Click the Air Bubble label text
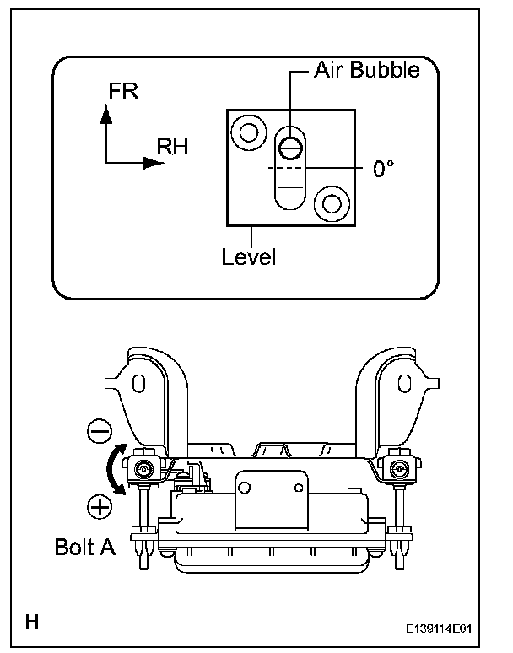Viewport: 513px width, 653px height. (366, 70)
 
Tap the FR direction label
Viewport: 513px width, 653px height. (123, 91)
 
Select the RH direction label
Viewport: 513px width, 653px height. (172, 148)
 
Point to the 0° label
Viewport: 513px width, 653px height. (384, 168)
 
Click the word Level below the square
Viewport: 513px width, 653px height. (249, 256)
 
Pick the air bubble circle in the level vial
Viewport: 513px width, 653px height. (290, 147)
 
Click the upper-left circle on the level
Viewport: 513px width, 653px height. (248, 132)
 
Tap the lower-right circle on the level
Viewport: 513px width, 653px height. (329, 202)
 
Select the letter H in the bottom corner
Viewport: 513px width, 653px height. (33, 623)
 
